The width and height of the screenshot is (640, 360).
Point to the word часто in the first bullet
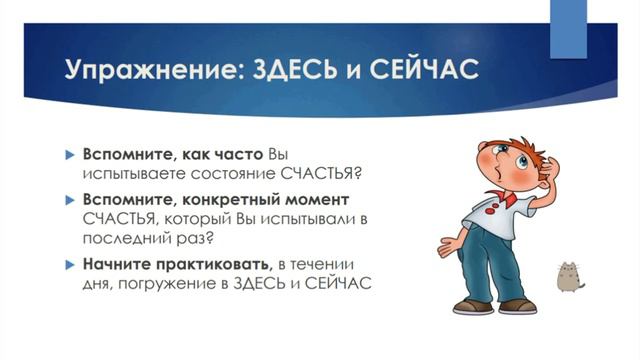[x=237, y=153]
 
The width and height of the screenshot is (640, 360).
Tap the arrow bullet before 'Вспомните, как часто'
[x=70, y=153]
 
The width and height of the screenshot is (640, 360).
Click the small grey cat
[x=570, y=277]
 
